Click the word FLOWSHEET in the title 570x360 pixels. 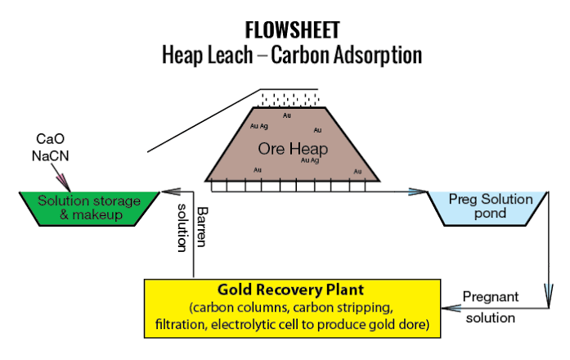point(292,30)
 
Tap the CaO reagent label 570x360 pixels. point(50,138)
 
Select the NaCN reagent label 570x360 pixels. point(50,155)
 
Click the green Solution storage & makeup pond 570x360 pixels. point(89,209)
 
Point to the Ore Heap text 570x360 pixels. point(293,148)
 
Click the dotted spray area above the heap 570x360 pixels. point(289,98)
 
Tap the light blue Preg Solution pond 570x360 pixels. point(487,209)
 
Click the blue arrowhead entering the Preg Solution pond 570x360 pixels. point(418,191)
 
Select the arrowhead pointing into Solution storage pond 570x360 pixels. point(171,191)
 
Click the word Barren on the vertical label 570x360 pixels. point(202,227)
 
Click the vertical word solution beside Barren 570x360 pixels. point(182,227)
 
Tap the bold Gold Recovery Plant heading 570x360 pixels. point(290,290)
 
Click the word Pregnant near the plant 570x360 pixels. point(491,297)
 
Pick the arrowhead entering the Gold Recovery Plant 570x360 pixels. point(451,308)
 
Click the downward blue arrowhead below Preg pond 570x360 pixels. point(549,295)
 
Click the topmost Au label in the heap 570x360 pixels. point(287,115)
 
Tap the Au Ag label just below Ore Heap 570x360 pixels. point(310,160)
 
